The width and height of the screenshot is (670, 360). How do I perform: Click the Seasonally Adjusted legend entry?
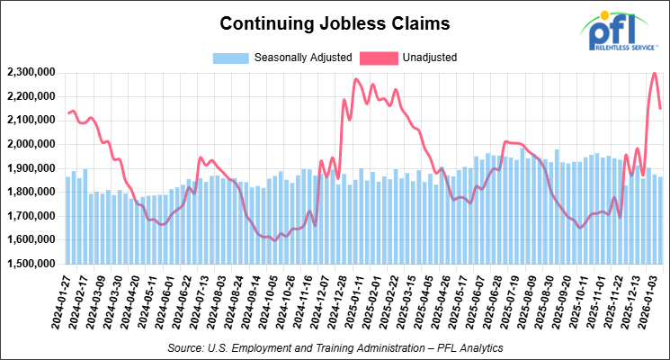pyautogui.click(x=280, y=58)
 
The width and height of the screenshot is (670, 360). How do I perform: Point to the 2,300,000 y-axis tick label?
pyautogui.click(x=30, y=72)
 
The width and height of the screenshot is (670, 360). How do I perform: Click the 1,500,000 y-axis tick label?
pyautogui.click(x=30, y=265)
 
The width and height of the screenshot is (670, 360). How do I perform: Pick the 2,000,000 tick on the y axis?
pyautogui.click(x=30, y=144)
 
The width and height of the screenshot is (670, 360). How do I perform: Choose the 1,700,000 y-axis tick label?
pyautogui.click(x=30, y=216)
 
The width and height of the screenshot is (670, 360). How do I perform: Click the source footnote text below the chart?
pyautogui.click(x=335, y=346)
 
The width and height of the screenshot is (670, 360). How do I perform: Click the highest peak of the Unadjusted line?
pyautogui.click(x=654, y=74)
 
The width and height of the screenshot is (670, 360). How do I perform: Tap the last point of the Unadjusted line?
pyautogui.click(x=661, y=108)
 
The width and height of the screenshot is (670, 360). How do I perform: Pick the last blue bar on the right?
pyautogui.click(x=661, y=220)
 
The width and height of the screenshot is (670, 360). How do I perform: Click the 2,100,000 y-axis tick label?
pyautogui.click(x=30, y=120)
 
